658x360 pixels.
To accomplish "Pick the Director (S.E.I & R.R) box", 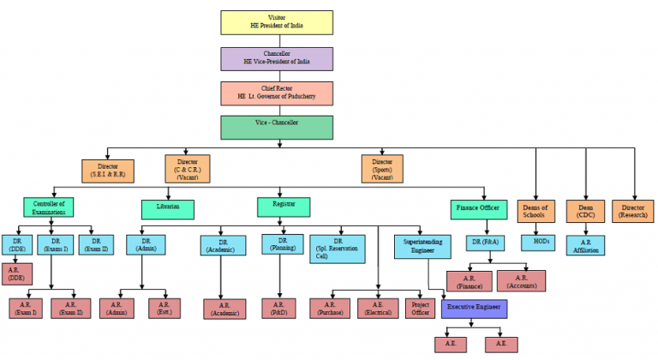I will point(108,171).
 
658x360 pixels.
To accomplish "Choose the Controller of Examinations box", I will point(49,208).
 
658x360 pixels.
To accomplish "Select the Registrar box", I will point(283,207).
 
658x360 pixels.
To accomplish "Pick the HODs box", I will point(541,243).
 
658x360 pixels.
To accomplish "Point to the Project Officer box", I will point(421,308).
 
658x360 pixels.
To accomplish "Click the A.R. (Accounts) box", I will point(521,280).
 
